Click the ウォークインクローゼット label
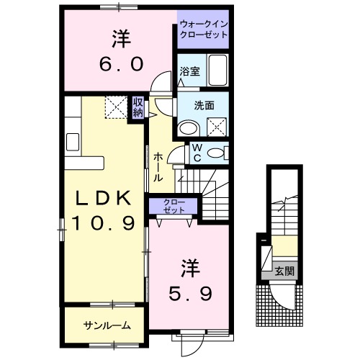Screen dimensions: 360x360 coord(202,29)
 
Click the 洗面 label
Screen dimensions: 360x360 coord(204,104)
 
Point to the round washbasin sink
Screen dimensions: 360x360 coord(189,128)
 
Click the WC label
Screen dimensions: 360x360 coord(197,153)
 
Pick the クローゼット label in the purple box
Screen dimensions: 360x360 coord(173,206)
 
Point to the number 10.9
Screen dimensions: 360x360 coord(102,224)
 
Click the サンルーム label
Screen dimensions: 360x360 coord(107,325)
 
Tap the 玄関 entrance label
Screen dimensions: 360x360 coord(284,271)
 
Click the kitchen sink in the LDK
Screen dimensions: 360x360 coord(73,141)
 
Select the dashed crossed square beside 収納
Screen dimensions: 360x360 coord(116,107)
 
